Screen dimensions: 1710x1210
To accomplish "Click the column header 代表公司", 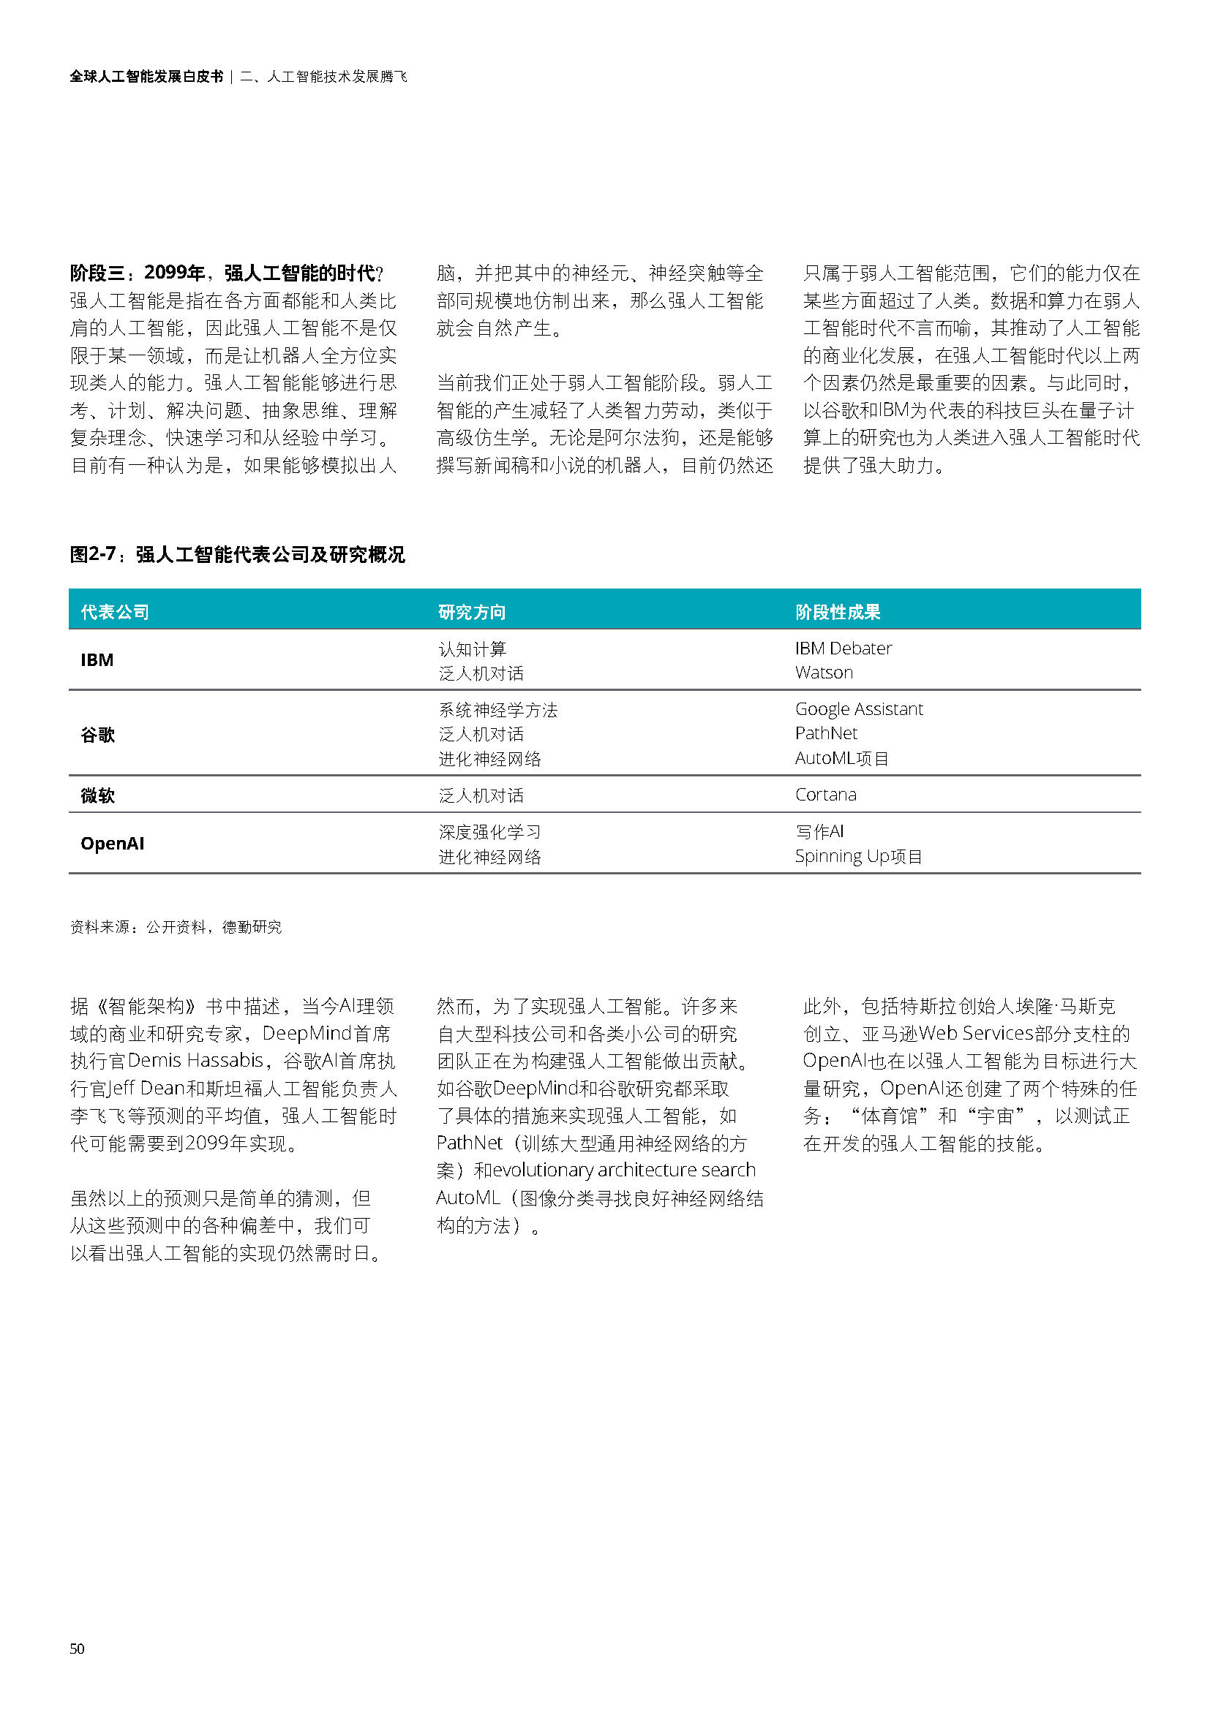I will coord(115,612).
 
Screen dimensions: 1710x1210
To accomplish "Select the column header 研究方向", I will coord(472,612).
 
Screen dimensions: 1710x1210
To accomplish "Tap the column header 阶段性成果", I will coord(838,612).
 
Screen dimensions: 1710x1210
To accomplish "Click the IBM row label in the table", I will coord(97,661).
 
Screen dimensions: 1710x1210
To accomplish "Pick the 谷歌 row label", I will coord(97,735).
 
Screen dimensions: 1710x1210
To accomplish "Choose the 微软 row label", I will coord(97,795).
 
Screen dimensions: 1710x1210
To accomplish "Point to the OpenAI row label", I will coord(113,844).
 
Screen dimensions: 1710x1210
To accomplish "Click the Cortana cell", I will coord(825,795).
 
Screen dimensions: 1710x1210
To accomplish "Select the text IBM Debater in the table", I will coord(843,648).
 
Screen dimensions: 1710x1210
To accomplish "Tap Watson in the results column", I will coord(823,673).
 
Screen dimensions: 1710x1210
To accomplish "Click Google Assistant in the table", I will coord(858,709).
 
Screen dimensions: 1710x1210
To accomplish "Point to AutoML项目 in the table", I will coord(841,758).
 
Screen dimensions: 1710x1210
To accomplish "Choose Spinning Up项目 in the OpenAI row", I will coord(858,857).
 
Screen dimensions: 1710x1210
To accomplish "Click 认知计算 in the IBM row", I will coord(473,649).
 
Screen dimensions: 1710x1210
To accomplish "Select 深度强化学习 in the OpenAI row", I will coord(489,832).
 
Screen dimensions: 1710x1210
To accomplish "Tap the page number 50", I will coord(77,1649).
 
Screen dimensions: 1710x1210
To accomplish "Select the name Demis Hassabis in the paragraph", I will coord(195,1061).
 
